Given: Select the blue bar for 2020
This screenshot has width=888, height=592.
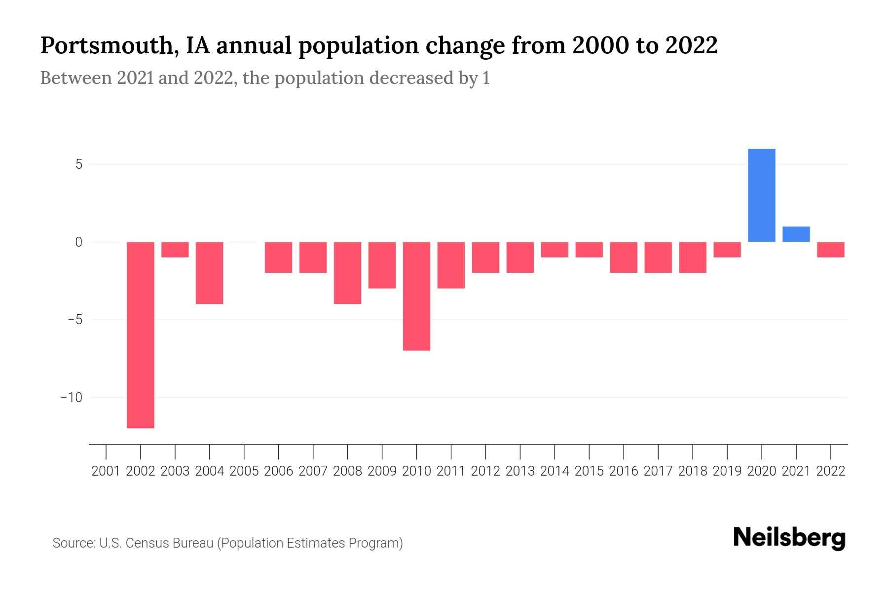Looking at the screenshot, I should coord(762,195).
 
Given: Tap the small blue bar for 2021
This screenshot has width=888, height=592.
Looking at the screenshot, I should coord(796,234).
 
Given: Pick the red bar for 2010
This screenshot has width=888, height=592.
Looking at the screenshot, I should coord(416,296).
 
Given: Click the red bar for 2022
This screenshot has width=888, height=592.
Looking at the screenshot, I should coord(831,250).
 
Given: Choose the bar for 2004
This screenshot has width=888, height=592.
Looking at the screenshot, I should coord(210,273).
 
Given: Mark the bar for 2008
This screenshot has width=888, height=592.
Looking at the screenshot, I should coord(348,273).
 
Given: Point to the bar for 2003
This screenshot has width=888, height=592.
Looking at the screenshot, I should coord(175,250).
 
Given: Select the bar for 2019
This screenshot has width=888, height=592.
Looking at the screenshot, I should coord(727,250).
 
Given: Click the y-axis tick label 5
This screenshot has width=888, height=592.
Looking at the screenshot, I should coord(79,164).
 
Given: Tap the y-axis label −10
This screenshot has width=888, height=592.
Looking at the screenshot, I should coord(72,398).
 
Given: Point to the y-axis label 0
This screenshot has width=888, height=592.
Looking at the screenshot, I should coord(79,242).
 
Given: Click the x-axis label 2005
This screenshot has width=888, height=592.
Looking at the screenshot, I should coord(244,471).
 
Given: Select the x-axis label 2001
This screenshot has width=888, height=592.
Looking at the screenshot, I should coord(106,471).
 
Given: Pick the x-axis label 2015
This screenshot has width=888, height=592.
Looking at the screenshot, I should coord(589,471).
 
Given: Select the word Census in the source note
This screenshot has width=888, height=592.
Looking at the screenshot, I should coord(146,543).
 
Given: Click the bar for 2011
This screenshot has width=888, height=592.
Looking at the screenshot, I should coord(451,265).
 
